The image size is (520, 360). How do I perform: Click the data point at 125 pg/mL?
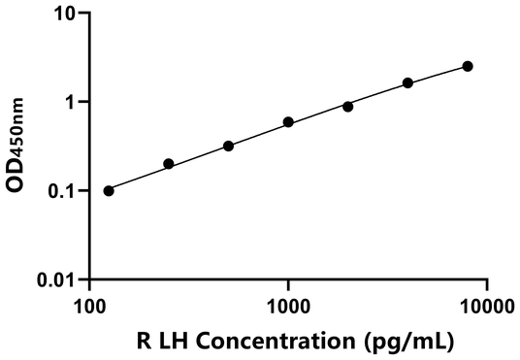(109, 190)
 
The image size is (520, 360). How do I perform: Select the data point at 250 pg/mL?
(169, 164)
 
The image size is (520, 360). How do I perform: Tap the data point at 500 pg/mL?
(228, 146)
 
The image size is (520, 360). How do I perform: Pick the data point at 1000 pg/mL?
(288, 122)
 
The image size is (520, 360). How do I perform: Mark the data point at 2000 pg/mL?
(347, 106)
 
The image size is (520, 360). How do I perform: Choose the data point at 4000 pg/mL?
(407, 82)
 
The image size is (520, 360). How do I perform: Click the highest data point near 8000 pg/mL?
(468, 66)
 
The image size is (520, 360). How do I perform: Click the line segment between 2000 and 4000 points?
(377, 94)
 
